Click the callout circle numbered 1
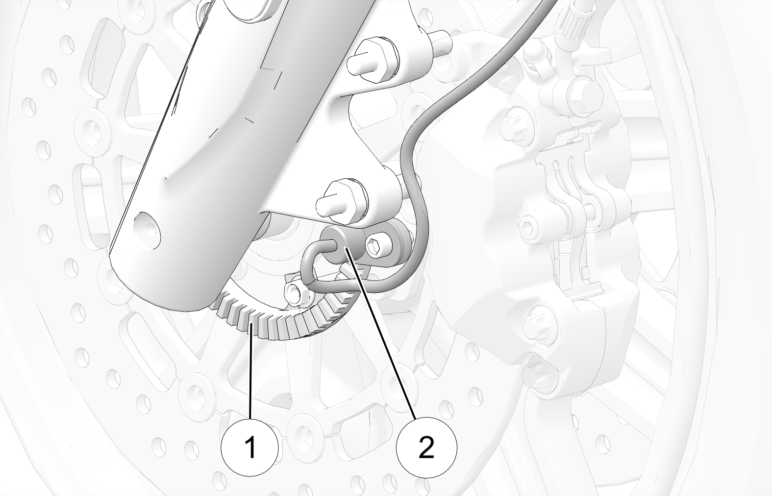249,447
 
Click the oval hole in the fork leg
148,230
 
